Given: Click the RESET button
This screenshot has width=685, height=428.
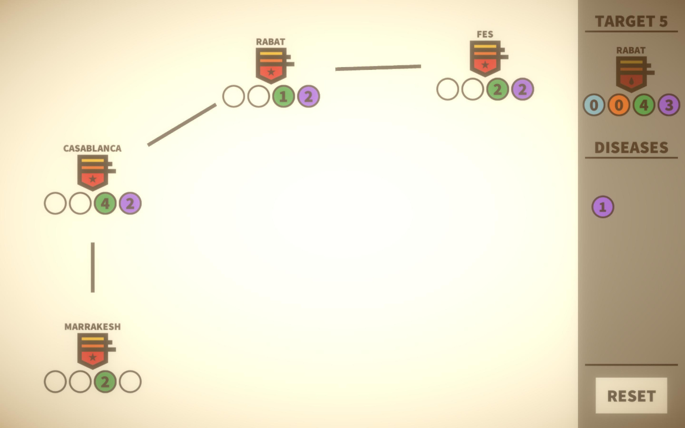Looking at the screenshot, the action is point(631,396).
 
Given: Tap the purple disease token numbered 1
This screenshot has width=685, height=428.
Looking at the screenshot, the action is point(603,207).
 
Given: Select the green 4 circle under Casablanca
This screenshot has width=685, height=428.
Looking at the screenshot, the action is point(105,203).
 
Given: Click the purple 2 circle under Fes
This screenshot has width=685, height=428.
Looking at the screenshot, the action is point(522,89).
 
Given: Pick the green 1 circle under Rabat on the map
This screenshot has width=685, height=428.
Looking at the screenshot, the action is point(283,96).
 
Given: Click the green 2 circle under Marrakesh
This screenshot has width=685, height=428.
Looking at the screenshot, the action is point(105,382).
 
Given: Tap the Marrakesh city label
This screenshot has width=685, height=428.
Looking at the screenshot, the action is point(92,327).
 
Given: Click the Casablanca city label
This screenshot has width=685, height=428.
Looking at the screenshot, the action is point(92,148).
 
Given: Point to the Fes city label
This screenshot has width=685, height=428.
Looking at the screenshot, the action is point(485,34).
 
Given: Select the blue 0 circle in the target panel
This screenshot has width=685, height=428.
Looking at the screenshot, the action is point(594,105).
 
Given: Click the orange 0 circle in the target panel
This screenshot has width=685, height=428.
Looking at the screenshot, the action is point(619,105).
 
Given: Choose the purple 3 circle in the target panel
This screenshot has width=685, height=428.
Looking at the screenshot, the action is point(669,105).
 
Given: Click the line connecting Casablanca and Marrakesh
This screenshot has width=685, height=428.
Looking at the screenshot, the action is point(93,267).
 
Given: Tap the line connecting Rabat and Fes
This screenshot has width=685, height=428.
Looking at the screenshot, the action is point(378,68).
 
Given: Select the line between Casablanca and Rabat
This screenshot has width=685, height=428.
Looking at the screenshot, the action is point(182,125).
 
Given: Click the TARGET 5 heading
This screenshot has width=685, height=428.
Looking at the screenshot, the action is point(631,21).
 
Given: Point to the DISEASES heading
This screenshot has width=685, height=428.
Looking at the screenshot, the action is point(631,148).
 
